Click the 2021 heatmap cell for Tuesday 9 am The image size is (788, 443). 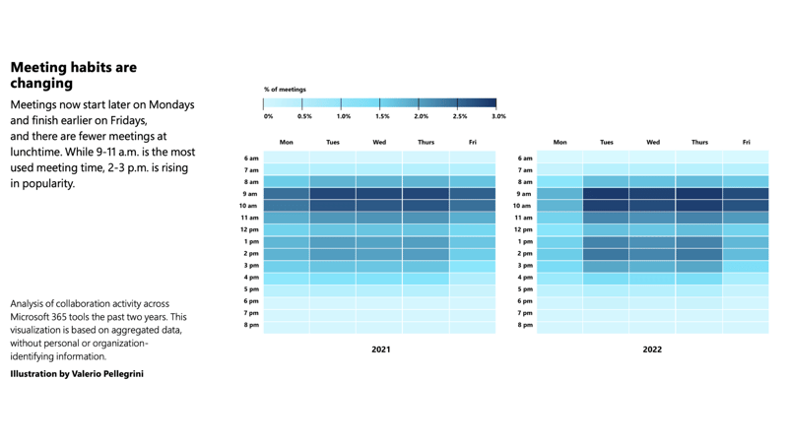point(333,194)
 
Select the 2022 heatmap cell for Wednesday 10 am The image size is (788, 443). point(653,206)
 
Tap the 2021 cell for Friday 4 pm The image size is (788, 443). point(473,278)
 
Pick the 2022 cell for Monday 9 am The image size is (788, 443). point(559,194)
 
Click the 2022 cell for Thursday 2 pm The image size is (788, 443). point(699,254)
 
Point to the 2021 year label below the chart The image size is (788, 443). point(380,349)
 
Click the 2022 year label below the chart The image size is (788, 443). point(652,349)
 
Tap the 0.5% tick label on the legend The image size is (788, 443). point(305,116)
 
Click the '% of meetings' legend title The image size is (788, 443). point(285,90)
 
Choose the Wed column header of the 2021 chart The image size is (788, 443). point(379,143)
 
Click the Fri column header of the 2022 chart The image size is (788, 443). point(747,143)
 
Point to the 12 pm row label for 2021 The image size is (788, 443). point(250,229)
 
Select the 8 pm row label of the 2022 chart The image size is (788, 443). point(525,325)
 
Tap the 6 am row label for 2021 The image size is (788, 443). point(251,158)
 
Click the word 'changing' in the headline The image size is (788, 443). point(41,84)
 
